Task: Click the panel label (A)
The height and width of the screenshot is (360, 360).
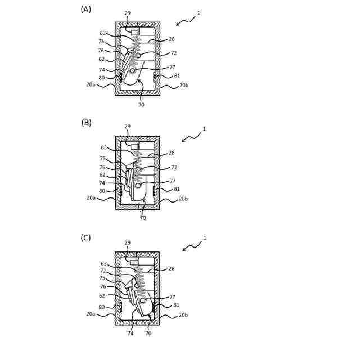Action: click(85, 9)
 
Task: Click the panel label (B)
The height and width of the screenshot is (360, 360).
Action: click(86, 123)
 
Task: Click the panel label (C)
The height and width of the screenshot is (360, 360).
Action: click(85, 237)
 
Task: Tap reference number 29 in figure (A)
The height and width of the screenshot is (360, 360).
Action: click(128, 13)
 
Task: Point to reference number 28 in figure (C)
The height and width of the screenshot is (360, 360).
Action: click(171, 269)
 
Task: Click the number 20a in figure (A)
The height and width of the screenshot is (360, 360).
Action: click(91, 84)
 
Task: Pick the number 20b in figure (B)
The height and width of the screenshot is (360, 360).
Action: click(183, 199)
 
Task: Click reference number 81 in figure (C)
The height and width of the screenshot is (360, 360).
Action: click(177, 305)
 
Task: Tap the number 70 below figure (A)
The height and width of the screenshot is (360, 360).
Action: click(141, 105)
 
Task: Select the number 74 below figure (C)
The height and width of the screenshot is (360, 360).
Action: click(130, 333)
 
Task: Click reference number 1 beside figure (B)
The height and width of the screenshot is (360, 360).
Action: click(204, 129)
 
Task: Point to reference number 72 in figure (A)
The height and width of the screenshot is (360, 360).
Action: click(174, 53)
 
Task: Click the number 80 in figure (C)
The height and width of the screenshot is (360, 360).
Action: click(102, 307)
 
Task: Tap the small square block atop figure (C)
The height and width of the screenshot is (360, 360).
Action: click(134, 262)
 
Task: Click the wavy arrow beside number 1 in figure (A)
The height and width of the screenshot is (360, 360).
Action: click(186, 20)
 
